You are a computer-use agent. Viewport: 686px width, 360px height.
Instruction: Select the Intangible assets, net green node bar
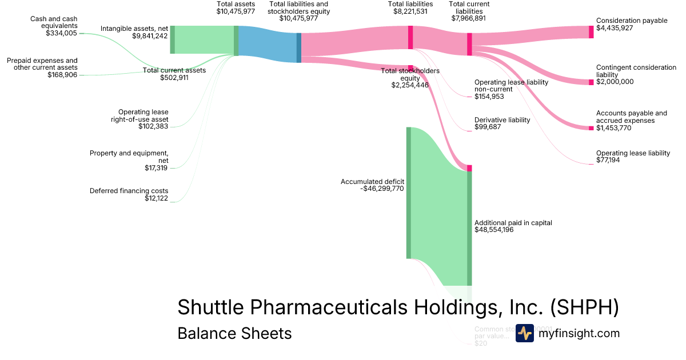click(172, 39)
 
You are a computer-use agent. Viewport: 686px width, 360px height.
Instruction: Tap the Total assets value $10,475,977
click(236, 11)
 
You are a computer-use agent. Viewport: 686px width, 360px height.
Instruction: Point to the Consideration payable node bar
click(591, 32)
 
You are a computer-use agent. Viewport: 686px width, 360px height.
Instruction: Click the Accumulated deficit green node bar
click(409, 193)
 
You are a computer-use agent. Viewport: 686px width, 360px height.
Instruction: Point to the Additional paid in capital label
click(513, 223)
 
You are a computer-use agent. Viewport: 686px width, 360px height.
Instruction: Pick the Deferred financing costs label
click(129, 191)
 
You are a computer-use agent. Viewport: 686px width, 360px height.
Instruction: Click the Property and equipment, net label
click(129, 157)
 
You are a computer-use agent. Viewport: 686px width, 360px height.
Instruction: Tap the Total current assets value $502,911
click(174, 78)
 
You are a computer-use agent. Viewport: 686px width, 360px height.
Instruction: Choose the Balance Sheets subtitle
click(234, 333)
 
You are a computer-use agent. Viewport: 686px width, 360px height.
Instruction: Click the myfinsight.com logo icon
click(524, 333)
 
